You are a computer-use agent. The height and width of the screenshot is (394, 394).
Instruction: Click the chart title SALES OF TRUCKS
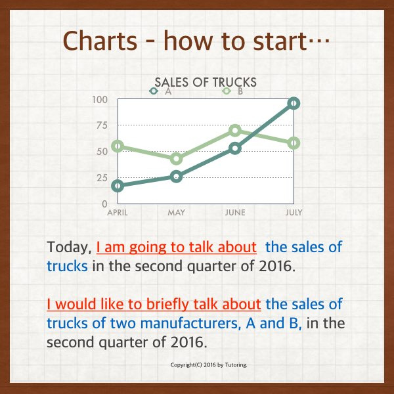(206, 82)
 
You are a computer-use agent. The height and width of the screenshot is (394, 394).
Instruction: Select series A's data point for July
(294, 103)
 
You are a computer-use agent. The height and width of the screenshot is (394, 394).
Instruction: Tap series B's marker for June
(235, 130)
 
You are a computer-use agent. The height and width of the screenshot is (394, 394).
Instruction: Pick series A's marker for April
(118, 186)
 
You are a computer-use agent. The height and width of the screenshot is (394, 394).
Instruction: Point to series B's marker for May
(177, 158)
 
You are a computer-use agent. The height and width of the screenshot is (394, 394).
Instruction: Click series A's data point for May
(177, 176)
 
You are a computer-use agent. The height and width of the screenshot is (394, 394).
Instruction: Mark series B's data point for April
(118, 146)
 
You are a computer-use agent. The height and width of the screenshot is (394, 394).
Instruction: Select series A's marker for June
(235, 148)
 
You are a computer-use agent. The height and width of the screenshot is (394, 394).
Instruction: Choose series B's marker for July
(294, 143)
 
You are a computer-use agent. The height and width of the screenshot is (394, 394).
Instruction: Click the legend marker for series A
(154, 91)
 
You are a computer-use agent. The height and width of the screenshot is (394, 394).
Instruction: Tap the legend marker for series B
(227, 91)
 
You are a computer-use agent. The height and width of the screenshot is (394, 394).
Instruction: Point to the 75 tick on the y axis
(102, 125)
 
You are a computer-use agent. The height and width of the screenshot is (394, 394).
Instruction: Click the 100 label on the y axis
(100, 100)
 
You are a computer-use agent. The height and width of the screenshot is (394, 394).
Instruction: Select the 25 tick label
(102, 178)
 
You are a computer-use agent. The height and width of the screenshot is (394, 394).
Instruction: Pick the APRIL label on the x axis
(118, 213)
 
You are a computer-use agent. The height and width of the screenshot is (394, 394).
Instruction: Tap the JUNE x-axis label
(235, 213)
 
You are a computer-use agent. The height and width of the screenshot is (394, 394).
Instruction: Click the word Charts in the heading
(100, 41)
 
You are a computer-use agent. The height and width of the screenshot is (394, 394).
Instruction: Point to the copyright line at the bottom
(209, 365)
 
